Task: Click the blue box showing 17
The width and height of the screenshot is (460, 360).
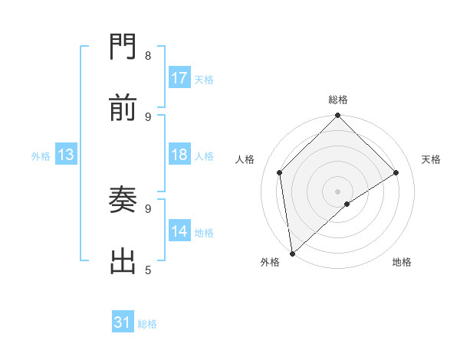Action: pyautogui.click(x=179, y=78)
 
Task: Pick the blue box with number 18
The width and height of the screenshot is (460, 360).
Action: pyautogui.click(x=179, y=155)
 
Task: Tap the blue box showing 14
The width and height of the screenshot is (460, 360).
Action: pyautogui.click(x=179, y=231)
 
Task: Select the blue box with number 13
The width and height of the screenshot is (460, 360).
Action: pyautogui.click(x=66, y=155)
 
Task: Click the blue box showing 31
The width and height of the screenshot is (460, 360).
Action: pyautogui.click(x=123, y=323)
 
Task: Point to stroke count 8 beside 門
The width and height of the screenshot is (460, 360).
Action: pyautogui.click(x=148, y=55)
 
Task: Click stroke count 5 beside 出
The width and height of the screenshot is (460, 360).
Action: pyautogui.click(x=148, y=270)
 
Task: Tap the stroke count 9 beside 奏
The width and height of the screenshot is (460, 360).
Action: pyautogui.click(x=148, y=208)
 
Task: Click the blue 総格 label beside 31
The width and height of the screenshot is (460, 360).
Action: pyautogui.click(x=147, y=324)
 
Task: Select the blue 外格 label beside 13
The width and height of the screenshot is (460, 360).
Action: pyautogui.click(x=41, y=155)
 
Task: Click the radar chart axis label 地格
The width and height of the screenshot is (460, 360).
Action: pyautogui.click(x=402, y=262)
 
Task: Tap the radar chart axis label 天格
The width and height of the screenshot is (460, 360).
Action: pyautogui.click(x=431, y=159)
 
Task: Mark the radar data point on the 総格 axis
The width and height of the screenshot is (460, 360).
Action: pyautogui.click(x=337, y=116)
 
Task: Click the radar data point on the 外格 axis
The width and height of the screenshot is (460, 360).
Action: pyautogui.click(x=292, y=253)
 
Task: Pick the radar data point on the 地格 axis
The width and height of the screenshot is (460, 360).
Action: pyautogui.click(x=347, y=204)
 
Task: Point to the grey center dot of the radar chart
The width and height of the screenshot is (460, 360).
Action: pyautogui.click(x=337, y=191)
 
